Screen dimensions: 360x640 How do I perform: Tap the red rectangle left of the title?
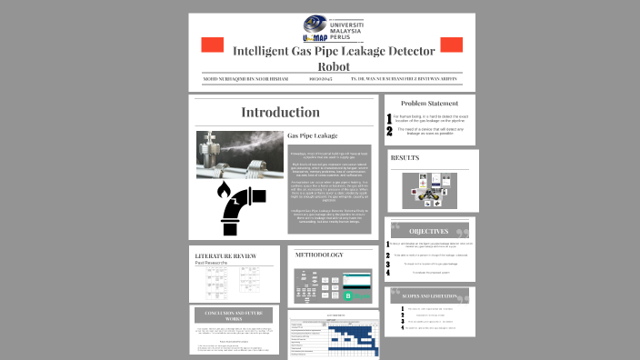point(211,45)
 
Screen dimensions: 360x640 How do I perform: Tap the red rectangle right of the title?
point(451,45)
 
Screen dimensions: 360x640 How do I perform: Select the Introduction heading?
point(280,112)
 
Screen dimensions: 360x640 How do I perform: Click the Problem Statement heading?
point(430,104)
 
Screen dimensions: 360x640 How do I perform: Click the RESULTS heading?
point(405,158)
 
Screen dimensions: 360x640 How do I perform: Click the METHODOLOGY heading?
point(318,255)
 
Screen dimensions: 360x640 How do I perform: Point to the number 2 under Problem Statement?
point(389,131)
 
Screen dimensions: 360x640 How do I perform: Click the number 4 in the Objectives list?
point(388,272)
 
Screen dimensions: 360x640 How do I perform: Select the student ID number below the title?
point(321,79)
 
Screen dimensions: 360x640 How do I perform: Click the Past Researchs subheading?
point(211,264)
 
